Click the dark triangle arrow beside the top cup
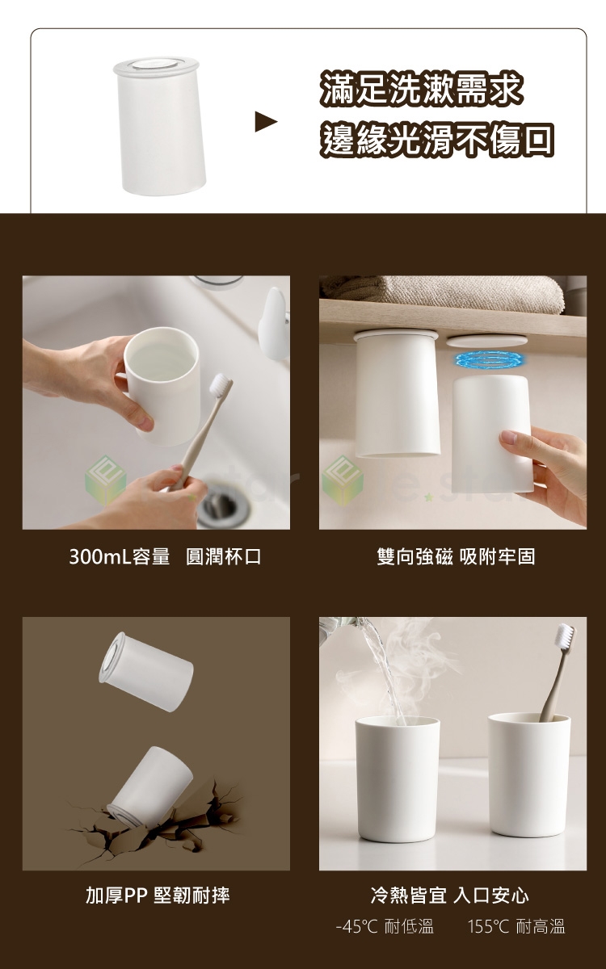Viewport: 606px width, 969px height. pos(265,121)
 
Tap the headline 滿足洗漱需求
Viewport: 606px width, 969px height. pos(421,90)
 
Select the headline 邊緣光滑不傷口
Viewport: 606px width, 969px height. pos(437,139)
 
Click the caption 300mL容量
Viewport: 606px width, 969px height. pos(120,556)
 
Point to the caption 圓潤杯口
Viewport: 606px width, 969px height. pos(223,556)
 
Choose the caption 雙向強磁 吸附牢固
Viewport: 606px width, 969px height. pos(456,556)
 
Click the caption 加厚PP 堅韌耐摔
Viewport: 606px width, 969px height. pos(158,895)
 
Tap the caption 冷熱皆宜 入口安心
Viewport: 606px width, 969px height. pos(450,895)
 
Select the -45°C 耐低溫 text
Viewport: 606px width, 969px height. pos(385,927)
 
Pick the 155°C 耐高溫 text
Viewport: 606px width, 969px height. pos(516,927)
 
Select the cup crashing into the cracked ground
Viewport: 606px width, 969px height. pos(149,784)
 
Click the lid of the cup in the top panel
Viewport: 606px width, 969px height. pos(156,65)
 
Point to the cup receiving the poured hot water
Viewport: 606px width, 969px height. pos(398,779)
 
